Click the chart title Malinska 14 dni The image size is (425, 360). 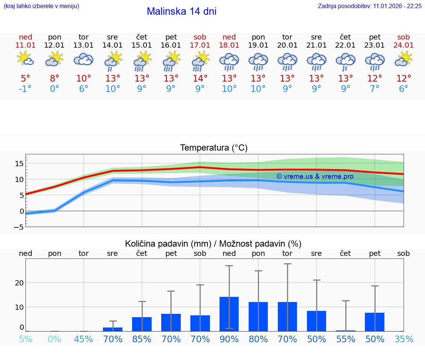[182, 11]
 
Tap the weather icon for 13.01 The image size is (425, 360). [84, 59]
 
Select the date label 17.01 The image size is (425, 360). [200, 45]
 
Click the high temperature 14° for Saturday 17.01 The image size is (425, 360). [200, 79]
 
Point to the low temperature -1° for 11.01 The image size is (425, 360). [25, 89]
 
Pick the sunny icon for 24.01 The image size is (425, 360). [404, 59]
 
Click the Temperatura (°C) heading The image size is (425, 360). [214, 148]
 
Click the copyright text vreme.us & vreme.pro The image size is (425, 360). [315, 176]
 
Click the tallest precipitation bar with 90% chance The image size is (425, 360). [229, 314]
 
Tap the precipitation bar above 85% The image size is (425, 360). [142, 324]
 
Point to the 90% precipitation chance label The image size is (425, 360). [229, 339]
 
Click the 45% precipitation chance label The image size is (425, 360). [84, 339]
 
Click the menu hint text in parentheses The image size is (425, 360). [41, 6]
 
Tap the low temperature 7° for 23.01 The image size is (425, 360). [375, 89]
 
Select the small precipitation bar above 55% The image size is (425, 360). [346, 330]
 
